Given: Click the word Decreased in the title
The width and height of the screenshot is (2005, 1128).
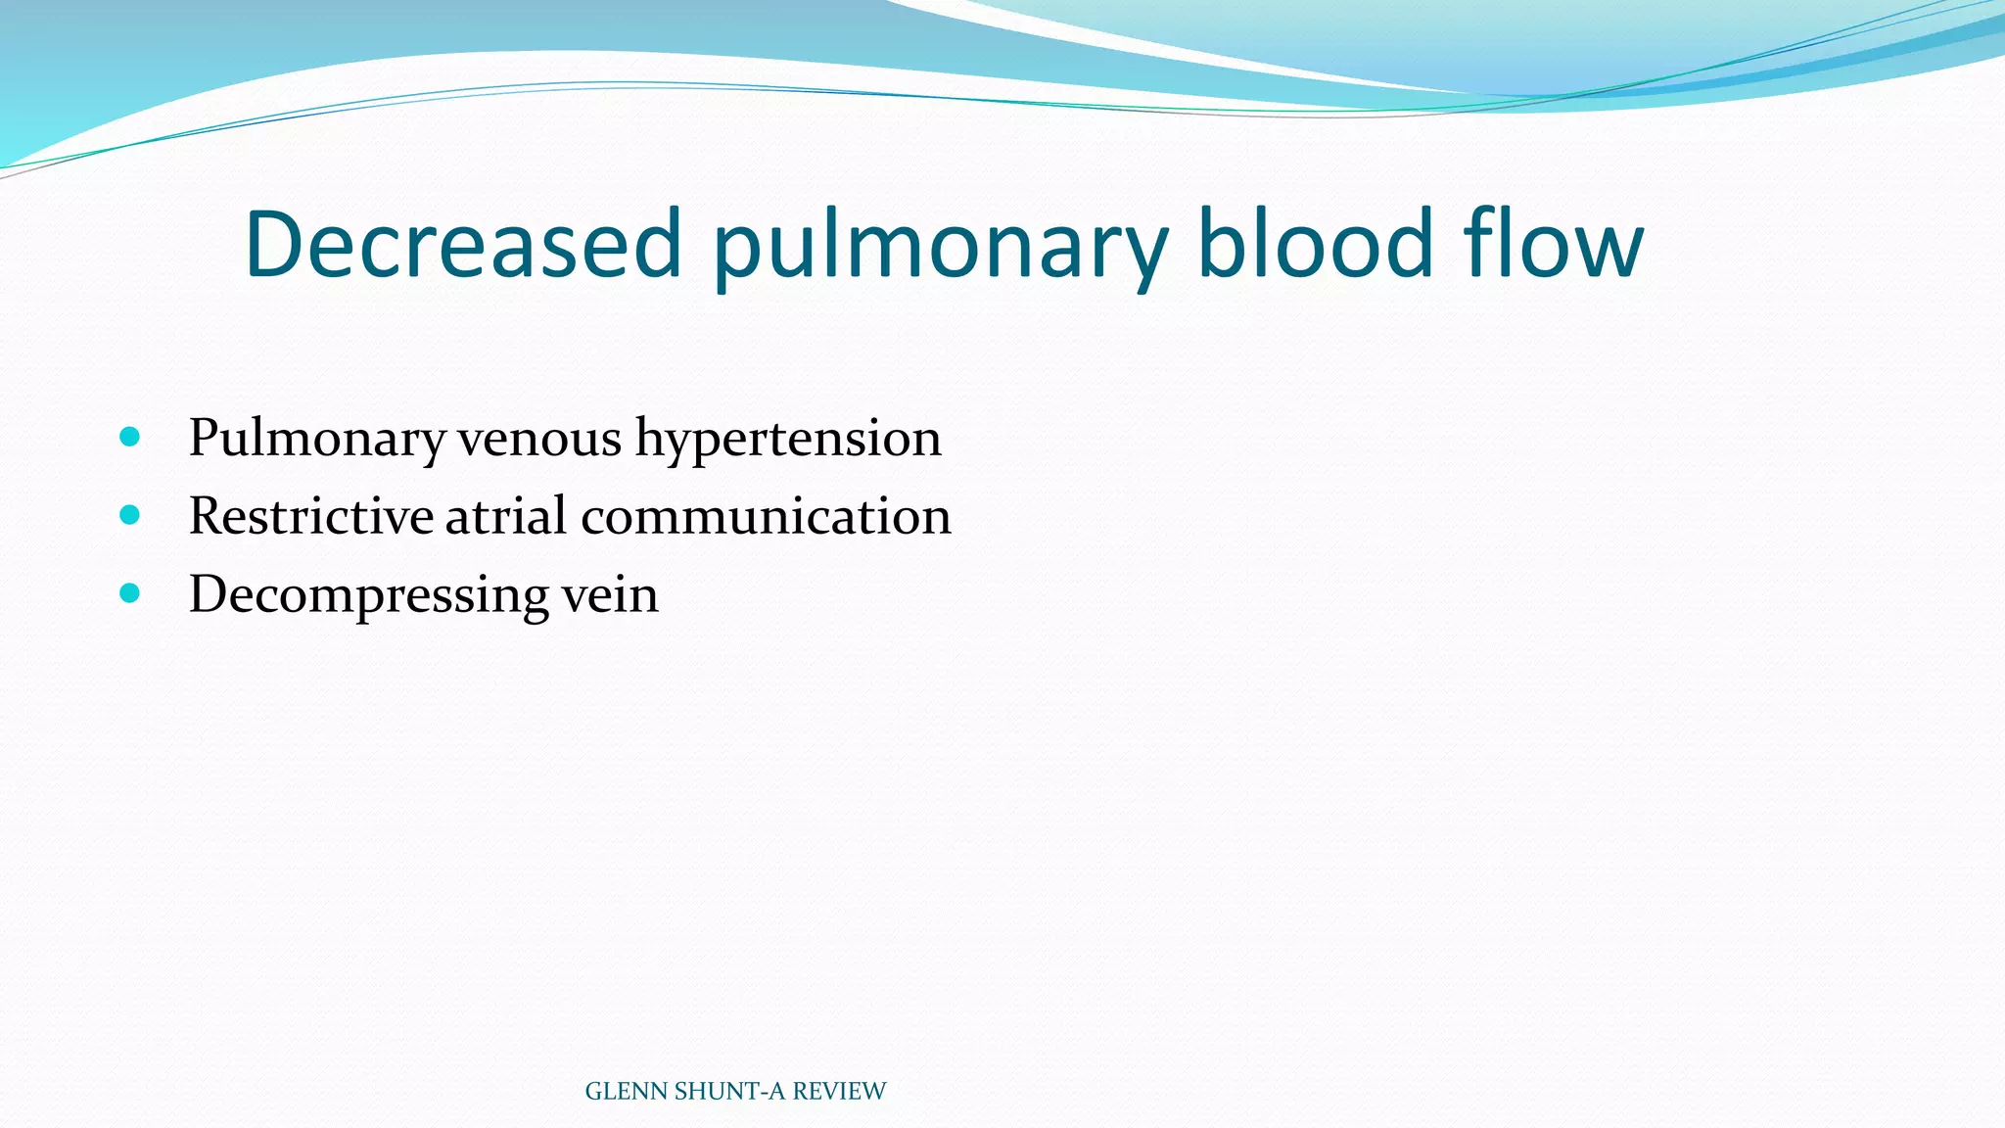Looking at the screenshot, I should (x=462, y=244).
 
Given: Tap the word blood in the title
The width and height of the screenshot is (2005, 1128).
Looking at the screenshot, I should (x=1315, y=244).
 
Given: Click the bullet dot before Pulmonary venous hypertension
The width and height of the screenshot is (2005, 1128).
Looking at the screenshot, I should (x=129, y=437).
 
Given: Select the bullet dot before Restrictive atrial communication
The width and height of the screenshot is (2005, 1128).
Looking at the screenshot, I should (x=129, y=515).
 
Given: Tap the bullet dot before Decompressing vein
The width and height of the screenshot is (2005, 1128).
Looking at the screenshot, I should (x=129, y=593).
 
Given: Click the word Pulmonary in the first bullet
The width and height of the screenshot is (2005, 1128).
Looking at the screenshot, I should (x=316, y=438).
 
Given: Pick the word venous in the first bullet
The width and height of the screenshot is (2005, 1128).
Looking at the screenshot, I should (x=539, y=438).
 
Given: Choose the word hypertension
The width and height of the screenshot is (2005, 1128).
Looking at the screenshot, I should (x=788, y=438).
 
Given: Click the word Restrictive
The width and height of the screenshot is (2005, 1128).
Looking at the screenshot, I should (x=310, y=516).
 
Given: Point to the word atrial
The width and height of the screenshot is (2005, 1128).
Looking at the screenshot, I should (x=506, y=516).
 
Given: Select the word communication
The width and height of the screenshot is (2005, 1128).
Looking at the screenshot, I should (x=766, y=516).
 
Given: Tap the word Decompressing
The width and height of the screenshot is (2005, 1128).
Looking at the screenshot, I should (x=368, y=595).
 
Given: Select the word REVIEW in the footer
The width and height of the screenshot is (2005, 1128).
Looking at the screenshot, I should (x=839, y=1091).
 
